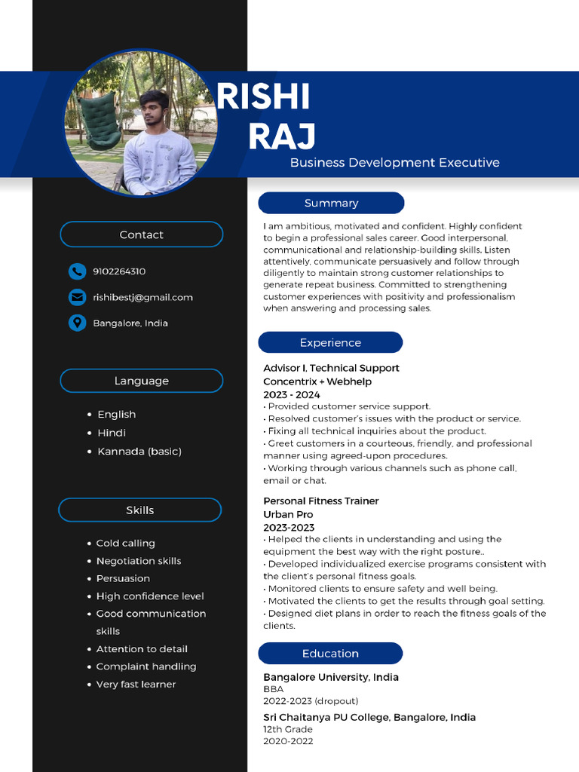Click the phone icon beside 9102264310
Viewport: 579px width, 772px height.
[x=76, y=271]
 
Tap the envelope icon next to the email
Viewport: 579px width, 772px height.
[x=76, y=297]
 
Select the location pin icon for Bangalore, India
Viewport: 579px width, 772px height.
[x=76, y=323]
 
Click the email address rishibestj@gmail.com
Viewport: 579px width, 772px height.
[x=142, y=297]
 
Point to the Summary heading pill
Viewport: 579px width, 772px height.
[x=331, y=203]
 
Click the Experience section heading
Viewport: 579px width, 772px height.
[x=330, y=342]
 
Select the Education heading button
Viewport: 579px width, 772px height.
[x=330, y=653]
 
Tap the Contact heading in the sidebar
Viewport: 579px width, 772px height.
[x=141, y=234]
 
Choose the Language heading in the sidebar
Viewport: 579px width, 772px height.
[x=141, y=381]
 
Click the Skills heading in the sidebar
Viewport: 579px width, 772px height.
[x=139, y=510]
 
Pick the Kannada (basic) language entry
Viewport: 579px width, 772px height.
[x=139, y=451]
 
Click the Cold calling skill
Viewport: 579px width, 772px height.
[x=125, y=543]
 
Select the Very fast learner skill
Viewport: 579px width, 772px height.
[x=136, y=684]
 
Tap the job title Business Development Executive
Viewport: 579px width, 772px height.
[x=394, y=162]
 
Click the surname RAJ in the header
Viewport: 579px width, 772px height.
[x=281, y=136]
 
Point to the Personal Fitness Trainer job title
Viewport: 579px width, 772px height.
[x=320, y=501]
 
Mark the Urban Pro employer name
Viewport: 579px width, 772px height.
[x=289, y=514]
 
